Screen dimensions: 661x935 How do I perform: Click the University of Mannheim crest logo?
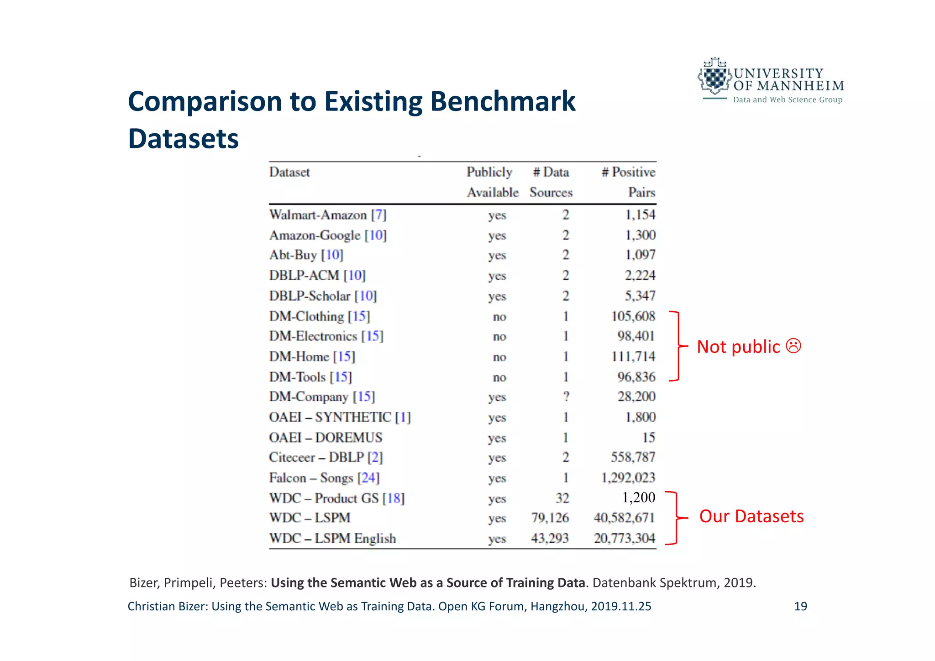[x=713, y=77]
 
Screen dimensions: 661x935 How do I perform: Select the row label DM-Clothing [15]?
[x=319, y=316]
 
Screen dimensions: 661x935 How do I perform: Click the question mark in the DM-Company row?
[x=566, y=397]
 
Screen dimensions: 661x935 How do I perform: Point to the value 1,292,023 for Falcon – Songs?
[x=628, y=478]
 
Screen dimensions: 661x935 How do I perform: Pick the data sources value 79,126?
[x=550, y=518]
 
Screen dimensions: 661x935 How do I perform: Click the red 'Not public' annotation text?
[x=738, y=347]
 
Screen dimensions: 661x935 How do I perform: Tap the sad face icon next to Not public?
[x=793, y=346]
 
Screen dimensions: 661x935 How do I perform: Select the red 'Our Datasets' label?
[x=751, y=516]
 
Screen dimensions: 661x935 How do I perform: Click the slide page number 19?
[x=800, y=606]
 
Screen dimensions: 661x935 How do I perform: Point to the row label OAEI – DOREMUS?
[x=326, y=437]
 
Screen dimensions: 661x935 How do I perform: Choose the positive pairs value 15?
[x=648, y=437]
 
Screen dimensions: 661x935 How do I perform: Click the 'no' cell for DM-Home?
[x=499, y=357]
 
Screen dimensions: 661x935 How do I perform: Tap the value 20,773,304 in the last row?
[x=624, y=539]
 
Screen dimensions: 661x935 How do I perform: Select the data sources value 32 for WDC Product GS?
[x=562, y=498]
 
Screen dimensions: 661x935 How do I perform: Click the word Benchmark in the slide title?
[x=503, y=101]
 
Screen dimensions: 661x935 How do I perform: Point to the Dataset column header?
[x=289, y=172]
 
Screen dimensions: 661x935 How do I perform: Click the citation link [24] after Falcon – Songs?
[x=368, y=478]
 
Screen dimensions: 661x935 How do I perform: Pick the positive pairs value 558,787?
[x=633, y=457]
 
